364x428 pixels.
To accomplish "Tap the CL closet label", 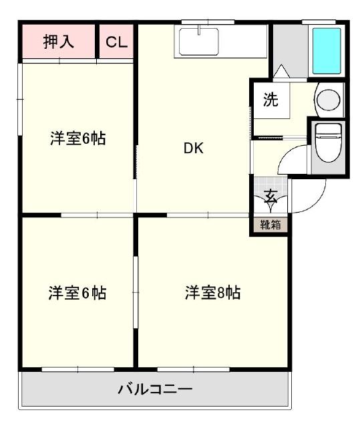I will (x=117, y=41).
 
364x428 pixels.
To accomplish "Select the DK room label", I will (x=194, y=148).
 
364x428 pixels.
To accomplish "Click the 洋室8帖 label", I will (x=212, y=292).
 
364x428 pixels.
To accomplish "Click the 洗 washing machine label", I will (x=270, y=100).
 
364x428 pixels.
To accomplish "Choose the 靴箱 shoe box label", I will (x=270, y=225).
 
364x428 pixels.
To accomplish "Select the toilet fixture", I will (x=327, y=142).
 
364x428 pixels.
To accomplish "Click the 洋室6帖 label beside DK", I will (x=79, y=139).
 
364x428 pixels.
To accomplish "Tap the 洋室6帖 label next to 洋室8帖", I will (x=77, y=292).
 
